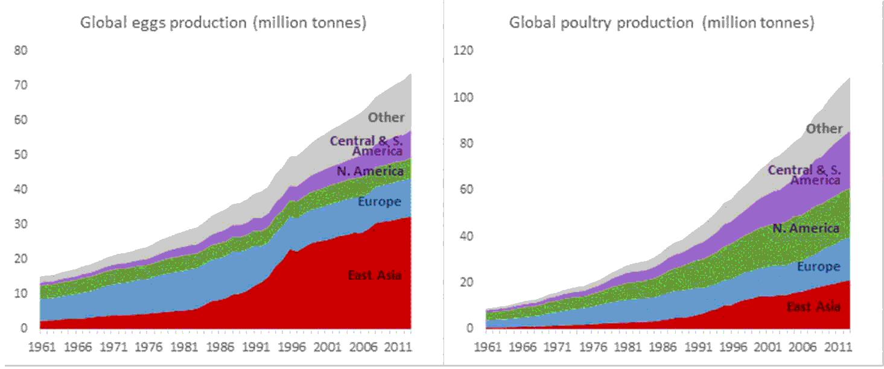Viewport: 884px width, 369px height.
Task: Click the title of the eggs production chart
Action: (x=224, y=23)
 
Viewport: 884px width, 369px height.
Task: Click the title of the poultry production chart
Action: (x=661, y=23)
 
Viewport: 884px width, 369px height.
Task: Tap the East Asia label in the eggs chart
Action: (x=375, y=276)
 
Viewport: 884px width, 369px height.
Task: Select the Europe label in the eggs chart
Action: (x=380, y=201)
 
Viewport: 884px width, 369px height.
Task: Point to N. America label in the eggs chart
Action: (x=370, y=171)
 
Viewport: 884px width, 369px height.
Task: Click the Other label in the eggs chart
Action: (x=386, y=118)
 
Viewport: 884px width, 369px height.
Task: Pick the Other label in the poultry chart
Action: (x=824, y=128)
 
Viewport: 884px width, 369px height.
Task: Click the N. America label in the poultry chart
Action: (x=806, y=228)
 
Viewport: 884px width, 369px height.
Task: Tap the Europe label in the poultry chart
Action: (x=818, y=266)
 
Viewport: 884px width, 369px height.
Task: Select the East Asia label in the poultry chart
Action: (x=813, y=307)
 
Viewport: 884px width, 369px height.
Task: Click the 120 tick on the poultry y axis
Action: (x=463, y=50)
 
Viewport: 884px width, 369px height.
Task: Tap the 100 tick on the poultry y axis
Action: (x=463, y=97)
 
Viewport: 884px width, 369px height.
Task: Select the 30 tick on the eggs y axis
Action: (x=21, y=224)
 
